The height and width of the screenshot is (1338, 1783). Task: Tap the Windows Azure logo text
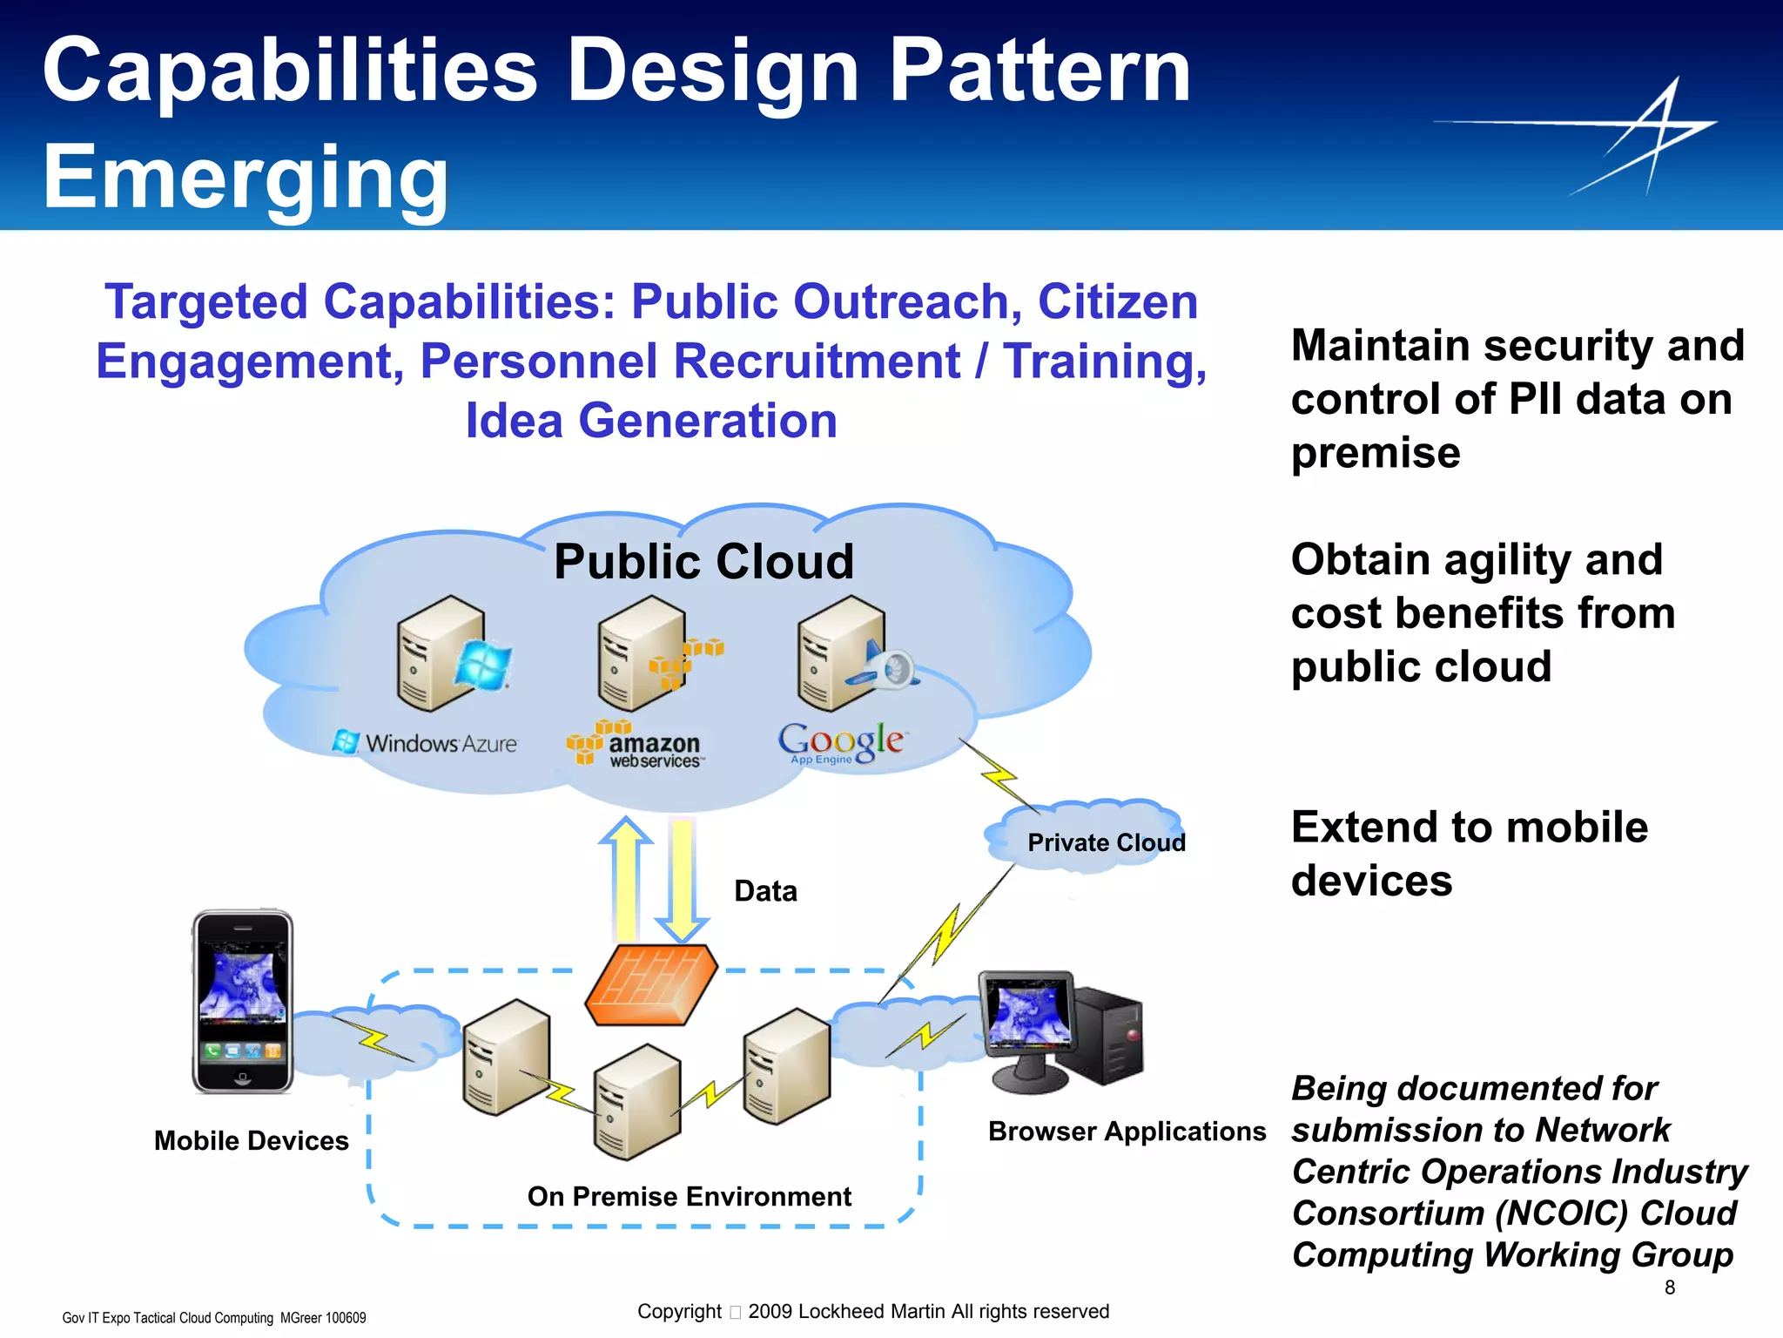pyautogui.click(x=427, y=743)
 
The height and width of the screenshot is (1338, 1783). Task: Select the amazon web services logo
pyautogui.click(x=636, y=746)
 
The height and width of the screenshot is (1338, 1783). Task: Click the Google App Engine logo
pyautogui.click(x=841, y=743)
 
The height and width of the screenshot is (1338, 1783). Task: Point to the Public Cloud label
pyautogui.click(x=703, y=561)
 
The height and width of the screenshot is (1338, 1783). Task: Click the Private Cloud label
pyautogui.click(x=1106, y=842)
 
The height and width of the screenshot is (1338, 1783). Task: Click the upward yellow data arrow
pyautogui.click(x=625, y=880)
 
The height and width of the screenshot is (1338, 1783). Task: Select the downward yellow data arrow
pyautogui.click(x=682, y=880)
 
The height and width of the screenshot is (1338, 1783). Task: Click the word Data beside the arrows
pyautogui.click(x=765, y=891)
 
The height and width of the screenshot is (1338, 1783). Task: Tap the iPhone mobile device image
pyautogui.click(x=243, y=1002)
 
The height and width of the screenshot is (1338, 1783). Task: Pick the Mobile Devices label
pyautogui.click(x=251, y=1141)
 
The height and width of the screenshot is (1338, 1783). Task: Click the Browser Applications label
pyautogui.click(x=1127, y=1132)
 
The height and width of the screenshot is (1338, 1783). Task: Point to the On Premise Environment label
pyautogui.click(x=689, y=1197)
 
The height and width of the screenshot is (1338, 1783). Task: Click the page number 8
pyautogui.click(x=1669, y=1287)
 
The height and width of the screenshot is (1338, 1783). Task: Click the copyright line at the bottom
pyautogui.click(x=872, y=1312)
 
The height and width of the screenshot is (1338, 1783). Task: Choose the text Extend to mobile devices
pyautogui.click(x=1470, y=854)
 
